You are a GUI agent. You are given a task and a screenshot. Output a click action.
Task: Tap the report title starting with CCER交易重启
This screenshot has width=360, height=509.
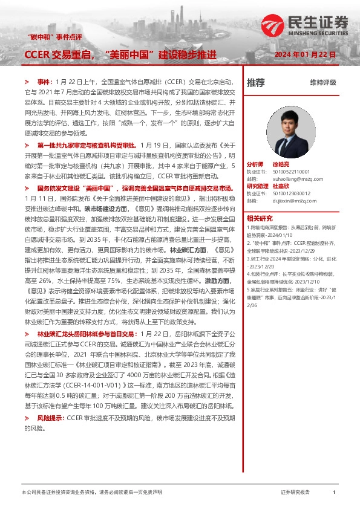pos(120,55)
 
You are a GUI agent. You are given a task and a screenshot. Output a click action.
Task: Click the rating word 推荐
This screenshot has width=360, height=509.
pos(256,82)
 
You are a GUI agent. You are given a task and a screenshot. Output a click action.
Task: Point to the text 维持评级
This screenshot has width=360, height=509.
pos(322,82)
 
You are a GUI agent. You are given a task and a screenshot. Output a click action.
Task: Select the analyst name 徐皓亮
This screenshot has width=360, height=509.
pos(282,164)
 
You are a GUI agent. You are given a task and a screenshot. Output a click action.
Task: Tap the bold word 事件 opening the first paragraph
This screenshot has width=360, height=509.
pos(45,80)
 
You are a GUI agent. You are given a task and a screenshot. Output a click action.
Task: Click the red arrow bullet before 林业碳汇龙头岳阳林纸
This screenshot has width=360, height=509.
pos(26,334)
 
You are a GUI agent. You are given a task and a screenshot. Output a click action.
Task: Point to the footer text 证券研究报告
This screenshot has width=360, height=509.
pos(295,493)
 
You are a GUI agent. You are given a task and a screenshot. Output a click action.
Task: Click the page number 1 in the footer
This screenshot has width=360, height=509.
pos(334,493)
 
